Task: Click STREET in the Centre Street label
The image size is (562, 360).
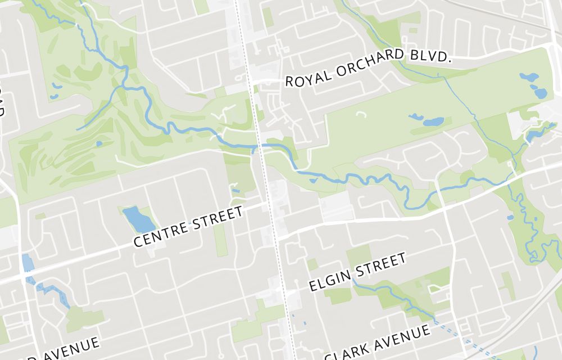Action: pos(218,217)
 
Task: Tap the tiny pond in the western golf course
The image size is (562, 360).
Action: pos(99,143)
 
